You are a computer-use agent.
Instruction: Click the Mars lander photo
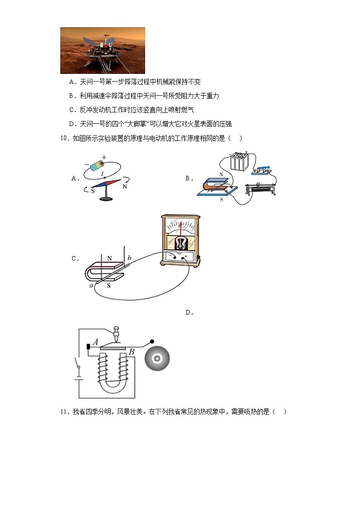pyautogui.click(x=102, y=50)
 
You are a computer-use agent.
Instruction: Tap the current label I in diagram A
pyautogui.click(x=102, y=174)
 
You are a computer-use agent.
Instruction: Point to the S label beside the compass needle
pyautogui.click(x=92, y=191)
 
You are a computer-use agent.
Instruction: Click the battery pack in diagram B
pyautogui.click(x=239, y=162)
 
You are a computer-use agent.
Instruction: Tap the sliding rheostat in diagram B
pyautogui.click(x=261, y=190)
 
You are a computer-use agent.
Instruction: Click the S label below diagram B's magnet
pyautogui.click(x=222, y=199)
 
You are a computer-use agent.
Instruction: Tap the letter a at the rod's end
pyautogui.click(x=92, y=286)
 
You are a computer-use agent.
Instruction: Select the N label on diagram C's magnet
pyautogui.click(x=109, y=258)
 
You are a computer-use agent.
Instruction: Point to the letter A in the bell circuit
pyautogui.click(x=95, y=343)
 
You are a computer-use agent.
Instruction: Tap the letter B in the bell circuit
pyautogui.click(x=131, y=352)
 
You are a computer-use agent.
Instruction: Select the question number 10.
pyautogui.click(x=64, y=139)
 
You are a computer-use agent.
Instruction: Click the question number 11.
pyautogui.click(x=64, y=412)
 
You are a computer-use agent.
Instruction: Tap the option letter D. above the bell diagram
pyautogui.click(x=190, y=312)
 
